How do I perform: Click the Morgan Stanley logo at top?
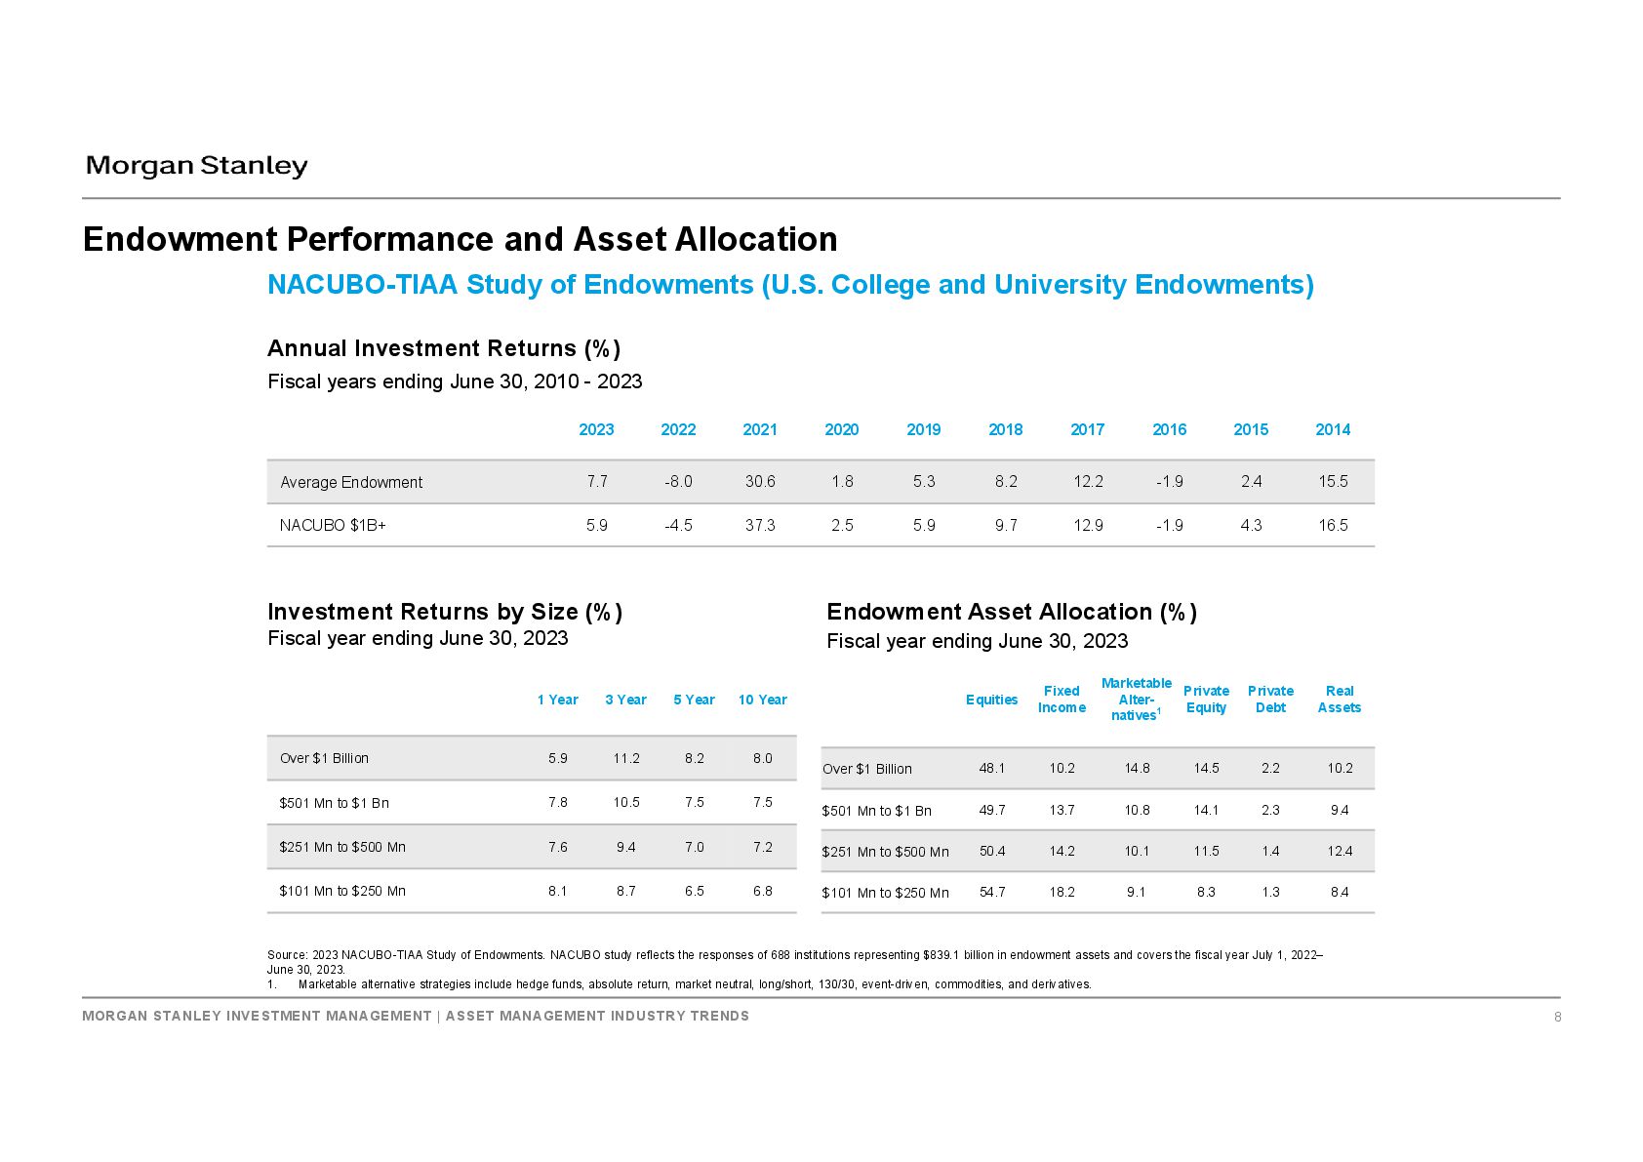(196, 166)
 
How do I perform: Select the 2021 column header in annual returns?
(760, 430)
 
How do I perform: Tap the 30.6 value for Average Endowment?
(760, 482)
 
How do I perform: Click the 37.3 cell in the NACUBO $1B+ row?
(760, 525)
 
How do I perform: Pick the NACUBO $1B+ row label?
(333, 525)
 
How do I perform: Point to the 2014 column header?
(1333, 430)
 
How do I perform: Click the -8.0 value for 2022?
(678, 482)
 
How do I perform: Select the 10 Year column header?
(762, 700)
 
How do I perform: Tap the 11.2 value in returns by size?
(626, 758)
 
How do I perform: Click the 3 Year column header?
(625, 700)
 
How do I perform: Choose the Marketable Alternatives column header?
(1137, 700)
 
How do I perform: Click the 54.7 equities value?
(992, 892)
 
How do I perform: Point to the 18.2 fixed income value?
(1062, 892)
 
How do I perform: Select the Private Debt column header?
(1270, 700)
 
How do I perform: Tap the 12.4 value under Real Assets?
(1340, 851)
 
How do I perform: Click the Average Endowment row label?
(351, 483)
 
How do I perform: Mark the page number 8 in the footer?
(1558, 1017)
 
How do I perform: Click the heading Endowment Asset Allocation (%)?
(1012, 612)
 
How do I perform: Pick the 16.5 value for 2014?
(1333, 525)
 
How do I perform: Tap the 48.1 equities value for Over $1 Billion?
(992, 768)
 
